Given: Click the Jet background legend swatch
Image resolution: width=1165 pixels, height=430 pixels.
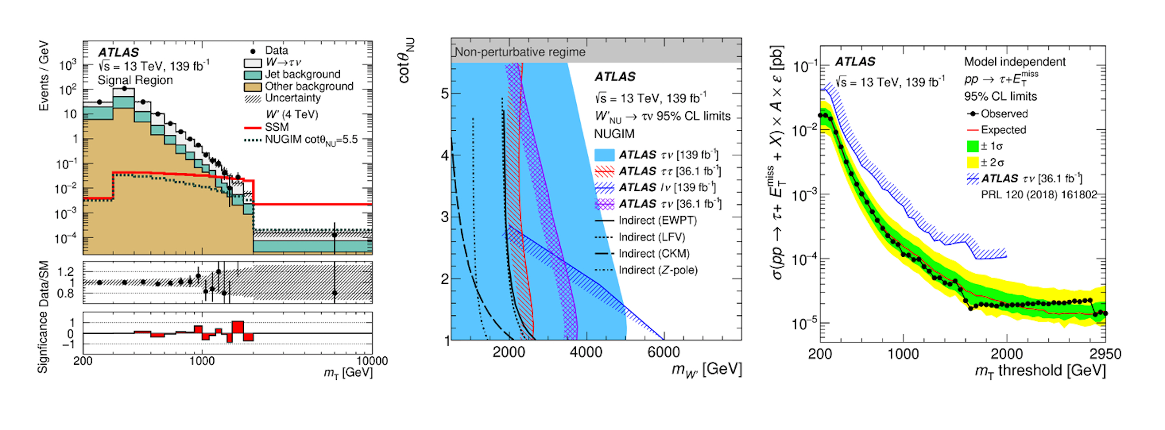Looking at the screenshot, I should pyautogui.click(x=252, y=74).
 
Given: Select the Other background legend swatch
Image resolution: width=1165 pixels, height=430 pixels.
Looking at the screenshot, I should pyautogui.click(x=252, y=87).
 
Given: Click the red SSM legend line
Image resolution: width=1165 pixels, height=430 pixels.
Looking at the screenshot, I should pyautogui.click(x=252, y=128).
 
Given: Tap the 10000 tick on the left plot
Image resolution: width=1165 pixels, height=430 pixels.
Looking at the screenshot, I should pyautogui.click(x=372, y=361).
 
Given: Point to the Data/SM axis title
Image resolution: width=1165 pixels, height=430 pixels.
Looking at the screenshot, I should pyautogui.click(x=44, y=284).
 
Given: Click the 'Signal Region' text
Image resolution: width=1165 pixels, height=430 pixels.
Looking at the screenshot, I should pyautogui.click(x=135, y=80).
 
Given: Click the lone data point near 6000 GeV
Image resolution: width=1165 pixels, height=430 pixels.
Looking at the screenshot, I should pyautogui.click(x=334, y=235).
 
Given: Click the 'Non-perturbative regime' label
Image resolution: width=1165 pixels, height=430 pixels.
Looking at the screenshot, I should pyautogui.click(x=520, y=52).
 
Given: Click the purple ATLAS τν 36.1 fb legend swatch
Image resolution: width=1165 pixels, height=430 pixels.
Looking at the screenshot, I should pyautogui.click(x=604, y=204).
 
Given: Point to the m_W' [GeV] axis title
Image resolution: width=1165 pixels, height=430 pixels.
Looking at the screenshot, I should pyautogui.click(x=706, y=370).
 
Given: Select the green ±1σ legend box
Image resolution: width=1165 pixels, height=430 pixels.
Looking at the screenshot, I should pyautogui.click(x=972, y=146).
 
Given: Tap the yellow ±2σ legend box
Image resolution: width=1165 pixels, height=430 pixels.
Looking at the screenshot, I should pyautogui.click(x=972, y=163).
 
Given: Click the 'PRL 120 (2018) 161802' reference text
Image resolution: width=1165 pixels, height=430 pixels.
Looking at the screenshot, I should pyautogui.click(x=1039, y=195).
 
